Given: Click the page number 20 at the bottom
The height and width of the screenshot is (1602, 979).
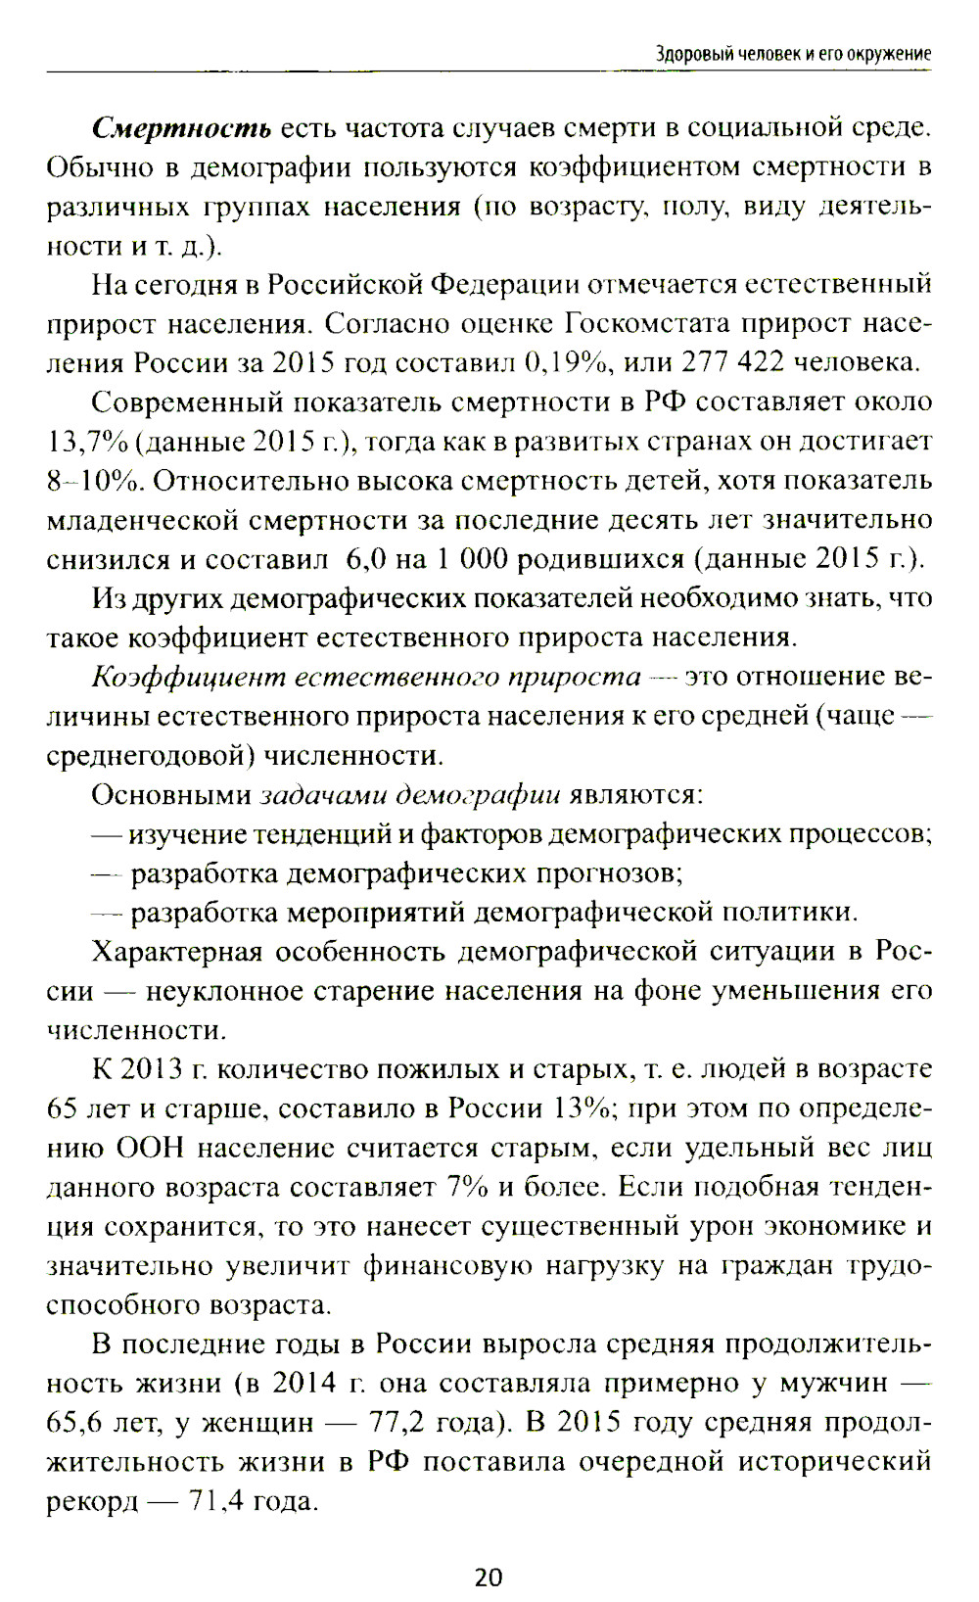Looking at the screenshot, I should [489, 1577].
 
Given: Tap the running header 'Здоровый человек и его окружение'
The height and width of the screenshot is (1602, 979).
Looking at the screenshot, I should [793, 55].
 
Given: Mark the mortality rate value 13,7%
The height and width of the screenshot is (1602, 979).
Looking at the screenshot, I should [87, 442].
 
